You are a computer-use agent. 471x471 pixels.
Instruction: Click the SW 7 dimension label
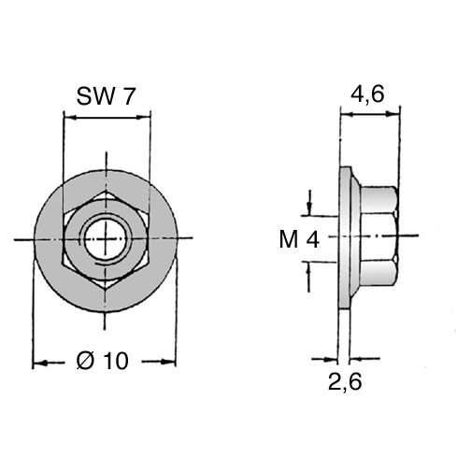[x=106, y=96]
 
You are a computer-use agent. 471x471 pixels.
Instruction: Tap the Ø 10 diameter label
[x=103, y=361]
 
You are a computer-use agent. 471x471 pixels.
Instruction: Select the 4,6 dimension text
[x=367, y=93]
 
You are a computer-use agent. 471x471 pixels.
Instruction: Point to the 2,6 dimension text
[x=345, y=382]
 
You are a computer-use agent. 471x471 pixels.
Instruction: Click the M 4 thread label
[x=299, y=240]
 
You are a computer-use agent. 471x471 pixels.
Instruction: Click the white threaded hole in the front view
[x=107, y=239]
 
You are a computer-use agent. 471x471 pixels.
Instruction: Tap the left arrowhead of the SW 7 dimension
[x=70, y=118]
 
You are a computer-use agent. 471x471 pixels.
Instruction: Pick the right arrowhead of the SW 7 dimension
[x=143, y=118]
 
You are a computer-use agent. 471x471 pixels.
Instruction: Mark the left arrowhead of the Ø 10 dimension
[x=40, y=363]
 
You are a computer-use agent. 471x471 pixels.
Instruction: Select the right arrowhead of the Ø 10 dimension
[x=168, y=362]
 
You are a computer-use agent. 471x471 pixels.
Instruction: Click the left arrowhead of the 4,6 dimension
[x=348, y=115]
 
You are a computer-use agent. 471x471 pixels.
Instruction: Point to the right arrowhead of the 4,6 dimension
[x=392, y=114]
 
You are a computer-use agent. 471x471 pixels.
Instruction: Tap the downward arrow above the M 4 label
[x=309, y=203]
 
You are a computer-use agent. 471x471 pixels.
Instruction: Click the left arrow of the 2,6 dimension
[x=325, y=359]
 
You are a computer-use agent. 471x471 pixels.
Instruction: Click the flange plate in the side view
[x=345, y=237]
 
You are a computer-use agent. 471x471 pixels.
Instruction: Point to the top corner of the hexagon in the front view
[x=107, y=190]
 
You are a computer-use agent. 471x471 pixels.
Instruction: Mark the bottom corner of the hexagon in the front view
[x=106, y=290]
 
